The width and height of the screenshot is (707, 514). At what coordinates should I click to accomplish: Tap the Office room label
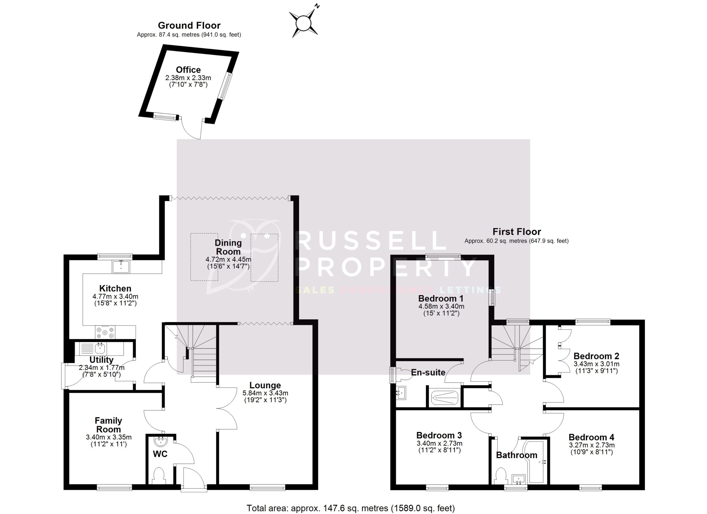(x=188, y=70)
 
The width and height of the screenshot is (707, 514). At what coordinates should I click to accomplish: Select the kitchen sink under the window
(x=121, y=267)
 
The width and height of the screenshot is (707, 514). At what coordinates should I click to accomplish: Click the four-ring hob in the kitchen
(x=105, y=332)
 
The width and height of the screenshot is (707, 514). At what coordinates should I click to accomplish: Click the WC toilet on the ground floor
(x=160, y=475)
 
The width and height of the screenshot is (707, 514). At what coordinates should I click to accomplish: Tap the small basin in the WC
(x=161, y=441)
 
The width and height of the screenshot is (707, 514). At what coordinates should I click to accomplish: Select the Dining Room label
(x=228, y=247)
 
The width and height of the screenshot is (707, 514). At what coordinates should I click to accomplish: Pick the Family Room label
(x=108, y=425)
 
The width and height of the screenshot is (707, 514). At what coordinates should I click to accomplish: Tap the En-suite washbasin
(x=401, y=393)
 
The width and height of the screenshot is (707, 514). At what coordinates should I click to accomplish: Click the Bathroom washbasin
(x=519, y=479)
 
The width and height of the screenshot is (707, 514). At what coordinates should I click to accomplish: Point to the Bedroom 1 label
(x=441, y=298)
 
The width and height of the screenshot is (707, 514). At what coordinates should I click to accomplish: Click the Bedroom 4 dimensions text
(x=592, y=445)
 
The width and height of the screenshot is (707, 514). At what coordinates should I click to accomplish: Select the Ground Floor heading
(x=189, y=25)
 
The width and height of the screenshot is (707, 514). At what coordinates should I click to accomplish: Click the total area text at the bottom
(x=351, y=508)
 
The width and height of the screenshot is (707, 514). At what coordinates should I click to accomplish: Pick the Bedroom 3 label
(x=439, y=435)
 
